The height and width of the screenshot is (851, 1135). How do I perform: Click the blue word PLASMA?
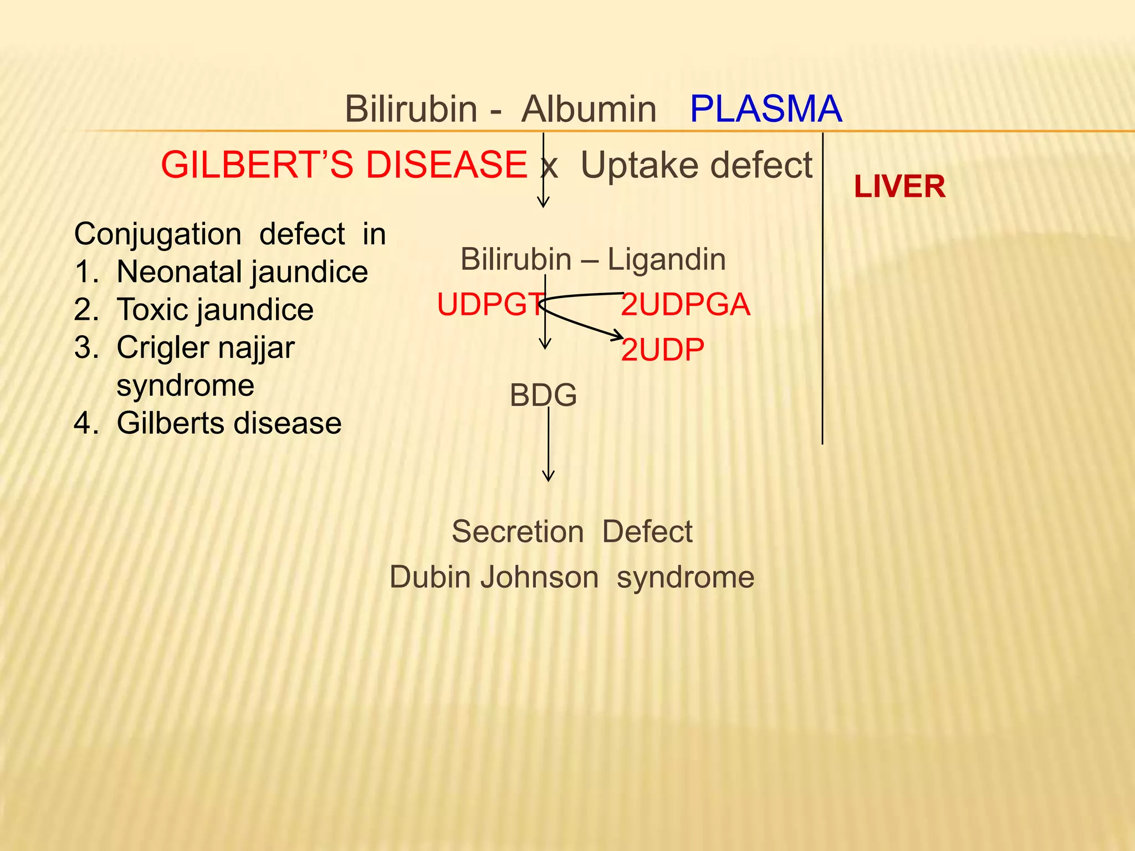click(765, 109)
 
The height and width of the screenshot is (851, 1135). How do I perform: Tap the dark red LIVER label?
click(899, 187)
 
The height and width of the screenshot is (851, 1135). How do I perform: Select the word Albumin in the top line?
click(589, 109)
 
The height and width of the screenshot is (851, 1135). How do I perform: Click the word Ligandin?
click(666, 259)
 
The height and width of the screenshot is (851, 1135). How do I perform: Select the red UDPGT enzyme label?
click(490, 305)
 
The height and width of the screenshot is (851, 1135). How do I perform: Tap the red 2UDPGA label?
click(685, 305)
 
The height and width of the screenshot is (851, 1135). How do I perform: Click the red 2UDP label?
click(662, 350)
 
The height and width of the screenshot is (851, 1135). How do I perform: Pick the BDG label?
click(543, 396)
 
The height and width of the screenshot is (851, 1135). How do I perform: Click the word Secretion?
click(518, 532)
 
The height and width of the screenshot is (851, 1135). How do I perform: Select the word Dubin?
click(431, 577)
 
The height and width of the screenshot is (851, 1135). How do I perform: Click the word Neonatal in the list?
click(178, 272)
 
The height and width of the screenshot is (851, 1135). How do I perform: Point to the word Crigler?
click(159, 348)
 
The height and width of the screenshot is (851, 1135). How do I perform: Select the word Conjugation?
click(157, 234)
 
